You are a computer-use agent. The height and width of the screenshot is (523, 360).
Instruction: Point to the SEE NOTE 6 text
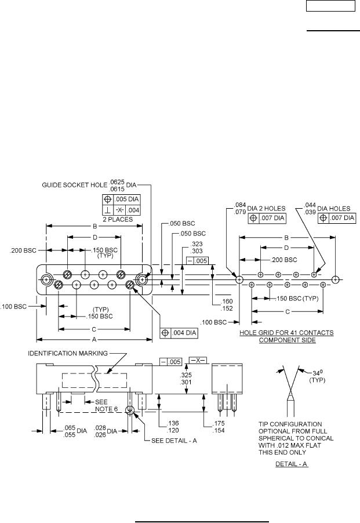tap(101, 405)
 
